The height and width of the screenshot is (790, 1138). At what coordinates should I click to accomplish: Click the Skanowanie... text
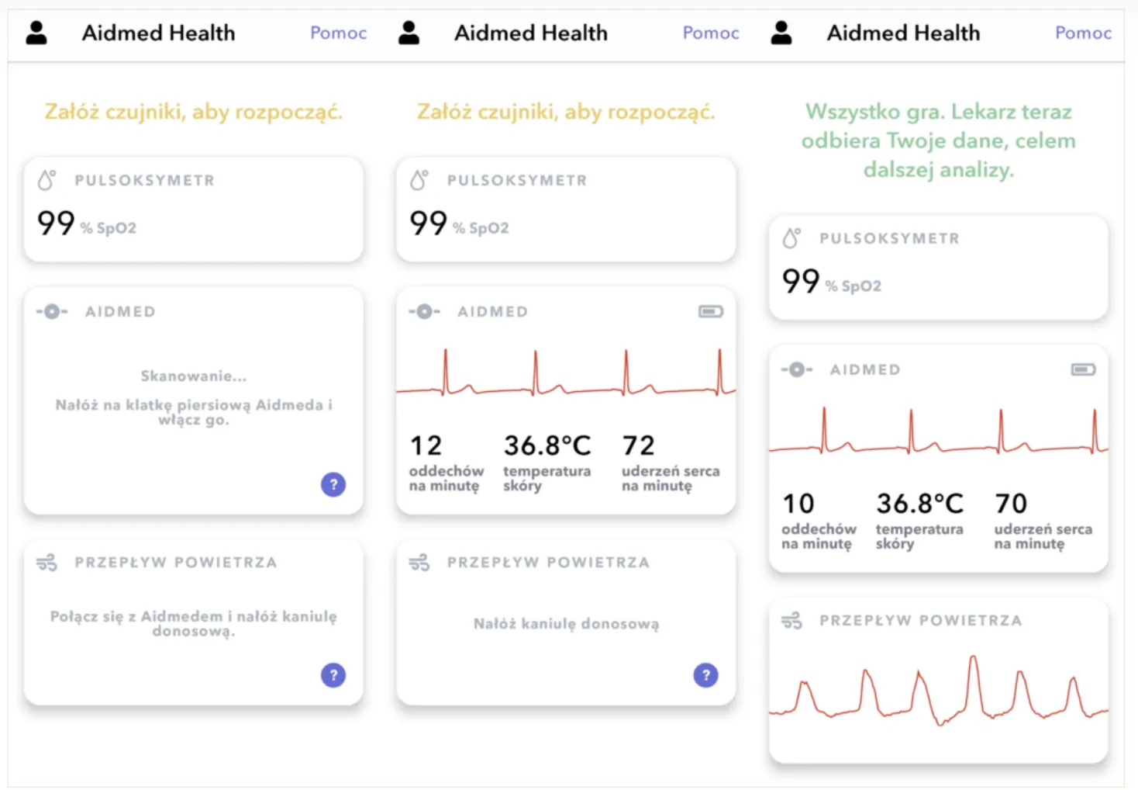tap(194, 376)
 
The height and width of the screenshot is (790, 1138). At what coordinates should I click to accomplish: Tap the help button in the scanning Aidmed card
tap(333, 484)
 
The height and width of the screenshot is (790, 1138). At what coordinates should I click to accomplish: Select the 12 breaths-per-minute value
tap(426, 445)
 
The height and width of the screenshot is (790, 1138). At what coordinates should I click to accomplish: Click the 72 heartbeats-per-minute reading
tap(639, 445)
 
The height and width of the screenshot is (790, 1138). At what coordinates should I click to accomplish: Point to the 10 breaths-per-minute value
tap(798, 503)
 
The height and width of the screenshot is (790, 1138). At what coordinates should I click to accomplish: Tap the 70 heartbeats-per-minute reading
tap(1011, 503)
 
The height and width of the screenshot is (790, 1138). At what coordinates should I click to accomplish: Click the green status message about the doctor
tap(938, 140)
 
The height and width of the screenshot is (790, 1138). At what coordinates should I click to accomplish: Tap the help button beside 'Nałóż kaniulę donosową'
tap(705, 675)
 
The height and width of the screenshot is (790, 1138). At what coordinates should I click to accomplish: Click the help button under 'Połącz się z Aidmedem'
tap(333, 675)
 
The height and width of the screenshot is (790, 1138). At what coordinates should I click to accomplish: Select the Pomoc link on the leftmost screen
tap(338, 33)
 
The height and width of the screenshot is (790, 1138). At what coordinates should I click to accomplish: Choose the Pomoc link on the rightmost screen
tap(1083, 33)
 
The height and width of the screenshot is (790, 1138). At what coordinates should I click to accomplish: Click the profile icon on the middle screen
tap(409, 33)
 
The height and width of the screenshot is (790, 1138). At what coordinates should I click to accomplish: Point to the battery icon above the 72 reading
tap(711, 311)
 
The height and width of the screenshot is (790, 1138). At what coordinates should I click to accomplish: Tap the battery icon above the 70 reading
tap(1083, 369)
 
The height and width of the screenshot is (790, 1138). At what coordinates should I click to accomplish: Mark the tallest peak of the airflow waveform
tap(974, 657)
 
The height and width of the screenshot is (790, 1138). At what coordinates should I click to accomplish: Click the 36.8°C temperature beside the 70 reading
tap(919, 503)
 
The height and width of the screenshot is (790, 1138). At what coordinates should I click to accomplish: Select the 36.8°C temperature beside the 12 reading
tap(547, 445)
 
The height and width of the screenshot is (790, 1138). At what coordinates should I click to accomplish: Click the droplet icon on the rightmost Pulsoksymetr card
tap(791, 238)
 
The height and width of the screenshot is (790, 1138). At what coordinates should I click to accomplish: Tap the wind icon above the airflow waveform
tap(791, 621)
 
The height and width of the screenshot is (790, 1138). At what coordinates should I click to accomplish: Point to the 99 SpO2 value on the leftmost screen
tap(56, 223)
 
